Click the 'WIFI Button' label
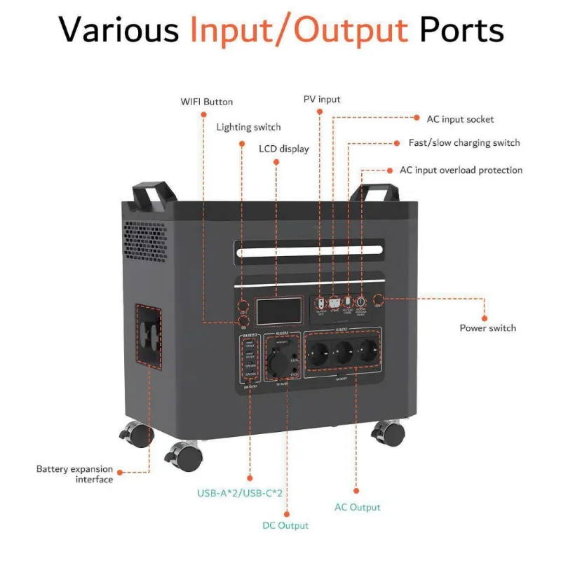[206, 102]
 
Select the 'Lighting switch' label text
[248, 127]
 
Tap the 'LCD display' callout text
[284, 149]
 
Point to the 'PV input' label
[322, 100]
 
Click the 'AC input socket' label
[460, 119]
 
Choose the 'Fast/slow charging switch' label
[464, 143]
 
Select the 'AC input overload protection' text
[461, 170]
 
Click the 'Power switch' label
[487, 328]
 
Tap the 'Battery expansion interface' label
[74, 474]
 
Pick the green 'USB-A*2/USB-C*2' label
[239, 493]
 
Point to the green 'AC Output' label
[358, 507]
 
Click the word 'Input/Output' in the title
[299, 31]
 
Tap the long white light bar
[309, 250]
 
